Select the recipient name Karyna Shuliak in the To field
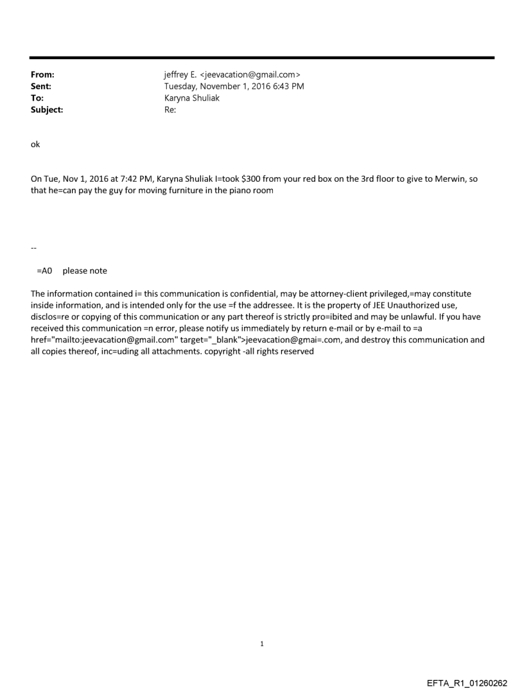click(192, 98)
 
